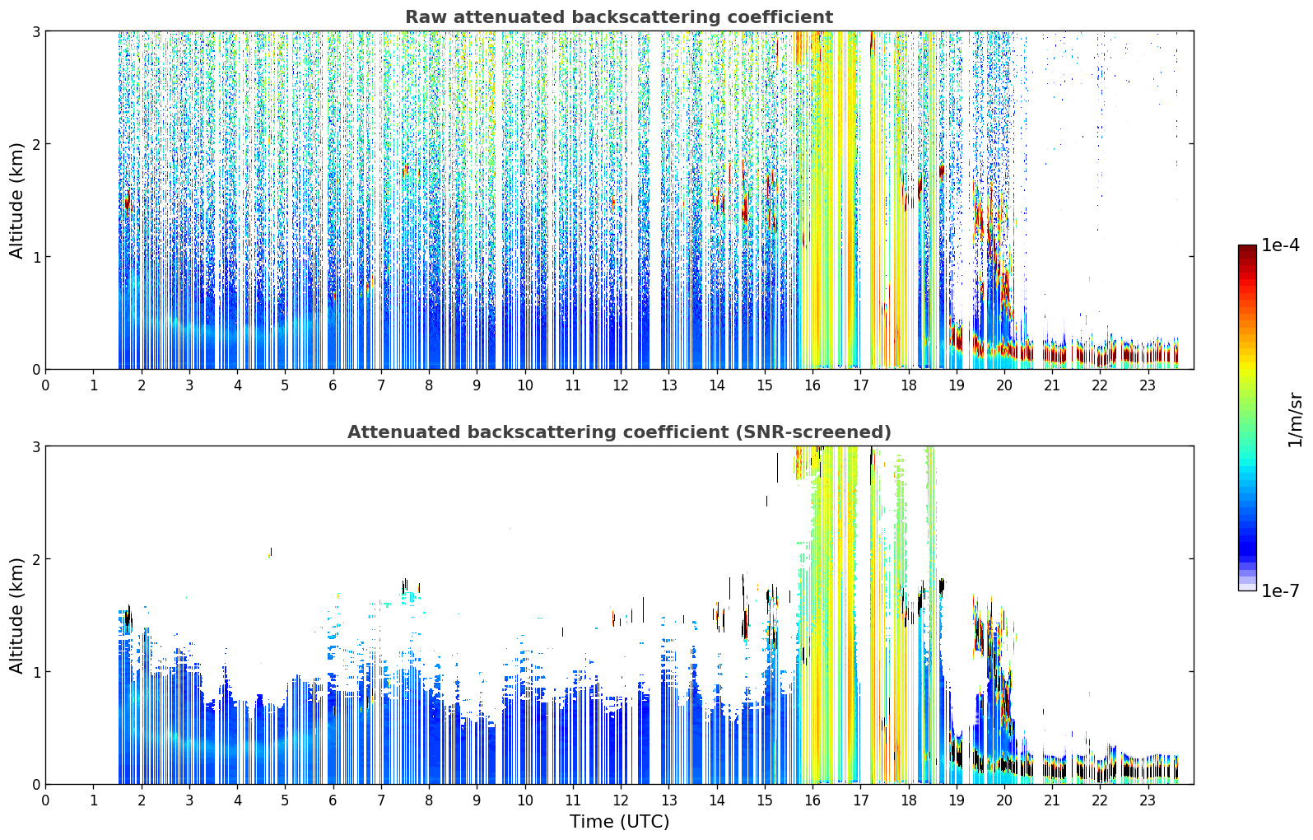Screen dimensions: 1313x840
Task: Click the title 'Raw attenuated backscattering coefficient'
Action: pos(619,16)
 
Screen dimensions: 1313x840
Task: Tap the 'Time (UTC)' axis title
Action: pos(619,821)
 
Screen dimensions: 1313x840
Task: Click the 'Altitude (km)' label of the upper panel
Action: pos(16,200)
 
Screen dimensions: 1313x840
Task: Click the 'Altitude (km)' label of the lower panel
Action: pos(16,615)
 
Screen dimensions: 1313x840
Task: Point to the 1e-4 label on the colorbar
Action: pos(1280,245)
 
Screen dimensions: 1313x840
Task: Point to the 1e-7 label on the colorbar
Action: pos(1280,590)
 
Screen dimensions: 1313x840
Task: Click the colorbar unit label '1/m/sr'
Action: pos(1295,420)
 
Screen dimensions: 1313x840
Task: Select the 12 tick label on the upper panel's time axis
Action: pos(621,385)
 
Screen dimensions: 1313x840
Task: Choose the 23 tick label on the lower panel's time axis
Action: pos(1148,800)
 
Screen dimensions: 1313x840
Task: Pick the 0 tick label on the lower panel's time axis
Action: pos(46,800)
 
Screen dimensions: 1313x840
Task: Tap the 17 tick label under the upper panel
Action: pos(860,385)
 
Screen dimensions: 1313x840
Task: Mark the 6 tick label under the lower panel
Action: pos(333,800)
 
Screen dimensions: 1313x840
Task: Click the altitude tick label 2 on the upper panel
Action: pos(35,144)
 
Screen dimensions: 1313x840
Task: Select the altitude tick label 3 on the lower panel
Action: pos(35,446)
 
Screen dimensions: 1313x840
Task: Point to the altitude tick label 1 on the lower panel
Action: pos(35,672)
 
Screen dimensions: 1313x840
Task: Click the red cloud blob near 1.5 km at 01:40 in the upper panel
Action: pos(128,203)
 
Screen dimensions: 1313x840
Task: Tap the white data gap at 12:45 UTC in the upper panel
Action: pos(655,200)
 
